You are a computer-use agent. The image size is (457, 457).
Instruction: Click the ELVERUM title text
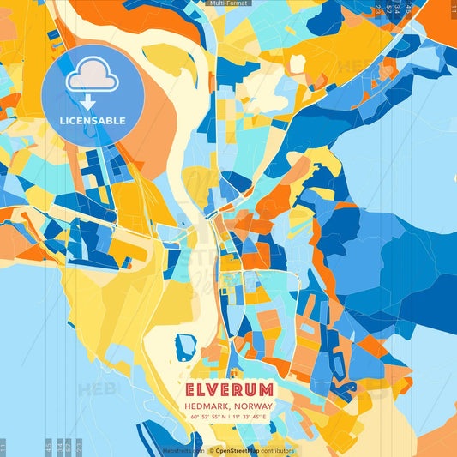228,388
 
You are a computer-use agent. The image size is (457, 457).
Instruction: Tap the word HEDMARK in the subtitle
207,406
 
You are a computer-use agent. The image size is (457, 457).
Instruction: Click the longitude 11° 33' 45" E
250,417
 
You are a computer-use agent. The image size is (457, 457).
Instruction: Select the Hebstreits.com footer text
183,450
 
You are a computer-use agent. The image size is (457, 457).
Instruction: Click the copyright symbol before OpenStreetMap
211,450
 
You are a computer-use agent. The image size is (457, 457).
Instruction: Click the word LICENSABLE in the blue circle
93,121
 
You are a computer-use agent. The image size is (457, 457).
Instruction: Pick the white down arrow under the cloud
88,102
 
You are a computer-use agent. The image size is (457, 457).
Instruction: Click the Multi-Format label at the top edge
228,3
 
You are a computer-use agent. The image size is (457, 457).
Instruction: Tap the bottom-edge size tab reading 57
68,446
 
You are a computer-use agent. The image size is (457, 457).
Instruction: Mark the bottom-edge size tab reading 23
79,446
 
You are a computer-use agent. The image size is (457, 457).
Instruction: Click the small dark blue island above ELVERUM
185,346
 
